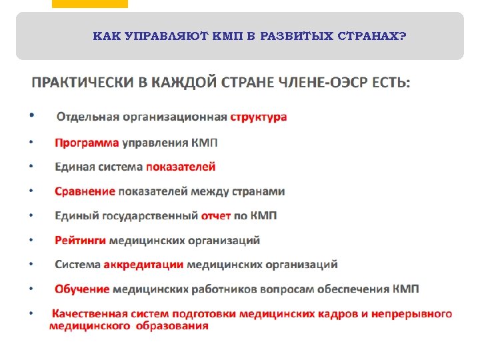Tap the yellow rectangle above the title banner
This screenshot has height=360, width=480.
coord(89,3)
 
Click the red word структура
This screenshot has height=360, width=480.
coord(259,117)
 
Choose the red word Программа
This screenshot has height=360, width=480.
coord(87,143)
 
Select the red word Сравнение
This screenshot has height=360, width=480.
coord(85,191)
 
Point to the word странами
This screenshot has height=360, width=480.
coord(258,191)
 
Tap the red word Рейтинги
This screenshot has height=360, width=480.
coord(80,240)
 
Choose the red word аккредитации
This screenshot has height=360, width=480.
coord(143,265)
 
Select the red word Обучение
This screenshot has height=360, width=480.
coord(82,289)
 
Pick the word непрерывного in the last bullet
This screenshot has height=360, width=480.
coord(413,313)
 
